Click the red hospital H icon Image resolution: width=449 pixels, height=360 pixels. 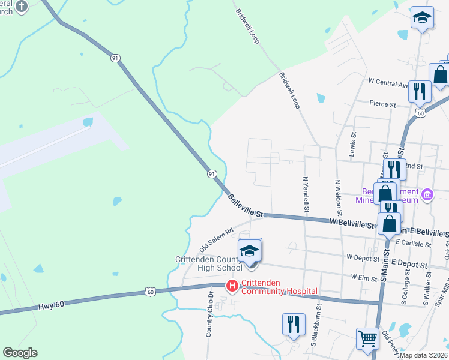(x=232, y=286)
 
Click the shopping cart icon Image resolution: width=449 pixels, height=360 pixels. (x=367, y=337)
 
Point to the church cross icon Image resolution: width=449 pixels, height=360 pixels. (x=22, y=7)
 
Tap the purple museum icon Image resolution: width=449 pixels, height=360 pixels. (x=427, y=194)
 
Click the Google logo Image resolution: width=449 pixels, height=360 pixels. (x=20, y=353)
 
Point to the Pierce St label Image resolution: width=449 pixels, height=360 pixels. (x=382, y=104)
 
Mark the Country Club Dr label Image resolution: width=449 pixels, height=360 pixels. (x=210, y=314)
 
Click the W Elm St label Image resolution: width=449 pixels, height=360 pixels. (x=362, y=278)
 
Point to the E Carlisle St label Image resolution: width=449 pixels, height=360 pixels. (x=414, y=244)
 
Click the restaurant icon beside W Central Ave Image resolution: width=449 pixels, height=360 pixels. (x=419, y=91)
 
